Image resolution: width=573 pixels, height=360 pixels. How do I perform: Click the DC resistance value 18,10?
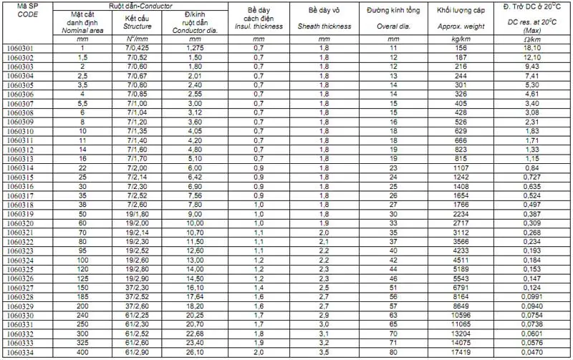pyautogui.click(x=531, y=48)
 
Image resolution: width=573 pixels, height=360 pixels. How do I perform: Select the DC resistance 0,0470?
pyautogui.click(x=531, y=354)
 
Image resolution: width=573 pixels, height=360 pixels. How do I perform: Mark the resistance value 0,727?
pyautogui.click(x=531, y=177)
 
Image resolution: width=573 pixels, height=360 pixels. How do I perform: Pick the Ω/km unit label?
pyautogui.click(x=531, y=39)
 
